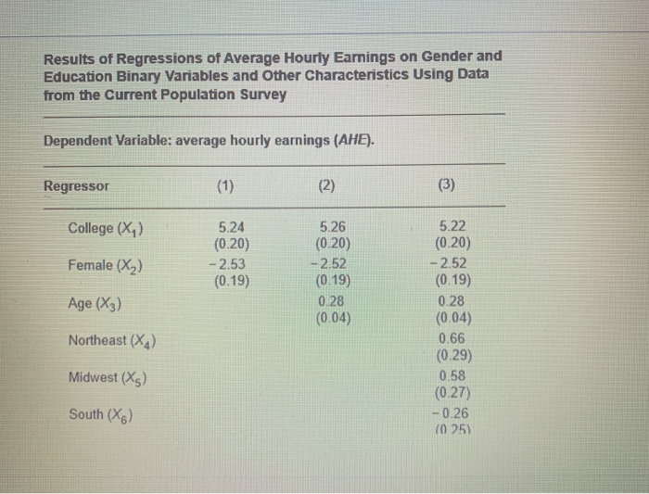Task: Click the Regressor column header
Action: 76,185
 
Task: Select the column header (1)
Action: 225,185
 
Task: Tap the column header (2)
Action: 327,185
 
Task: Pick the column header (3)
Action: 447,185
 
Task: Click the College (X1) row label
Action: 106,228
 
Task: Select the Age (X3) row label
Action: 95,303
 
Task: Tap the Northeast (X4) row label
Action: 112,340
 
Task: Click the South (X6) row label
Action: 99,414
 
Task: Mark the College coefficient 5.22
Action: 452,227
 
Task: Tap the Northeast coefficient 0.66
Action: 452,338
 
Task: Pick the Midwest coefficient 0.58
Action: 452,375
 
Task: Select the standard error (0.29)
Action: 452,355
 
